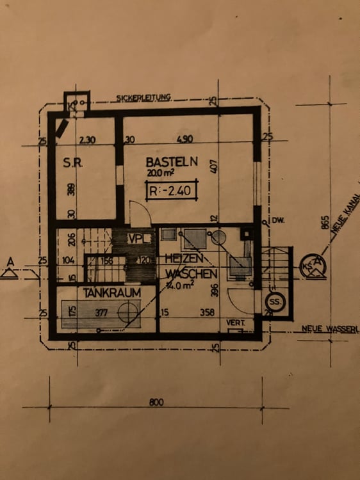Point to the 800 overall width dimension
coord(156,402)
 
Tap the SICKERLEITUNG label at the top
coord(144,98)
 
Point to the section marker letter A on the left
coord(10,261)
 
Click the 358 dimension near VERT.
coord(208,313)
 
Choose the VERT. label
coord(235,323)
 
